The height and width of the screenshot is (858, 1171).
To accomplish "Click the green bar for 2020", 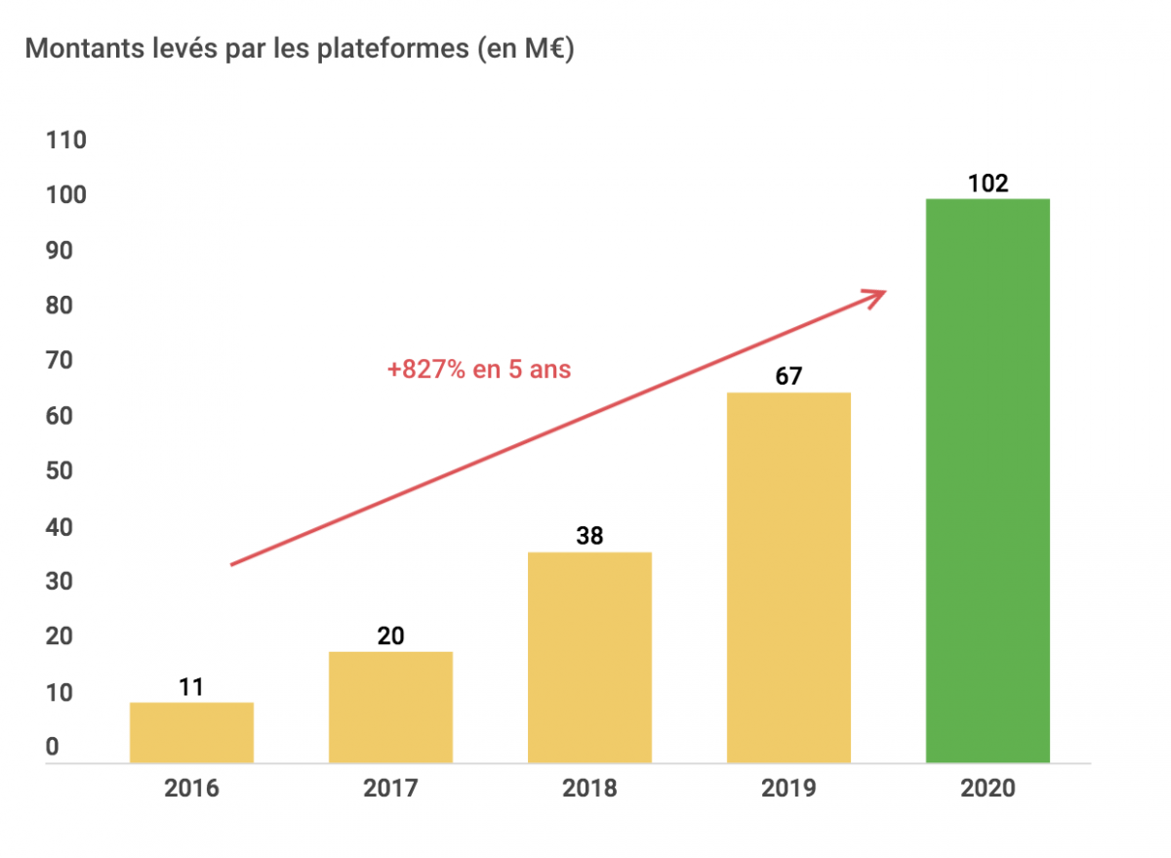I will point(988,480).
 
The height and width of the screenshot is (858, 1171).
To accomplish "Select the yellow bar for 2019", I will point(788,577).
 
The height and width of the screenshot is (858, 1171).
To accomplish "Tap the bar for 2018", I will point(589,657).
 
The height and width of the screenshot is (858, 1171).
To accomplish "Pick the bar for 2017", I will point(390,707).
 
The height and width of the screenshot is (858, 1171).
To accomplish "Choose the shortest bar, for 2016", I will point(191,732).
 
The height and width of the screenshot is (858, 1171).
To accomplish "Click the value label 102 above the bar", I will point(988,183).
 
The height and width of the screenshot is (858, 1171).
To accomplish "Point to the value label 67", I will point(788,377).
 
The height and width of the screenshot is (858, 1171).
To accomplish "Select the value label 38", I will point(589,536).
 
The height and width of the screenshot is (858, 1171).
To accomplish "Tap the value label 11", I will point(191,687).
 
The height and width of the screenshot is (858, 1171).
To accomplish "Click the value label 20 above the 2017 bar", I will point(390,636).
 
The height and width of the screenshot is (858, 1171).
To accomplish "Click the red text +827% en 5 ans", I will point(478,370).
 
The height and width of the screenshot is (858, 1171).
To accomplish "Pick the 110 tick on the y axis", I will point(66,141).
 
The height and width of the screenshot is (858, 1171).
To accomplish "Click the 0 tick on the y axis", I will point(53,748).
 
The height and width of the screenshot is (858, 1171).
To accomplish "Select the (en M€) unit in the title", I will point(526,49).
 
